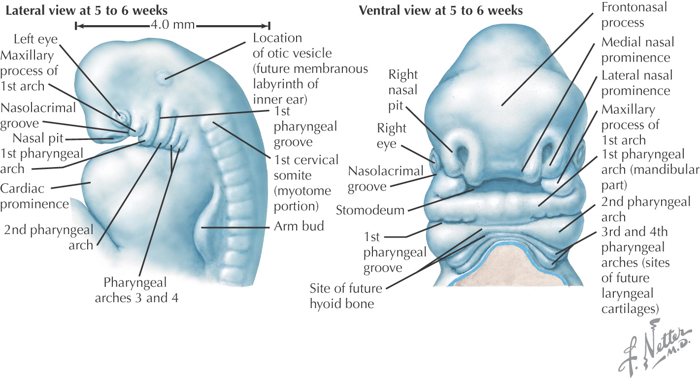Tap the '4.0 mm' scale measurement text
173,25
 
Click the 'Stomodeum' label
369,210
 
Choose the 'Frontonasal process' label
623,15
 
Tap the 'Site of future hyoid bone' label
342,296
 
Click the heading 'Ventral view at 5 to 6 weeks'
441,10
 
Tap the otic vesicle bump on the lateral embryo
162,76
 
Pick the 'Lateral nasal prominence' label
635,83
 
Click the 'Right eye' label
392,137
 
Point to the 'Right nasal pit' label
403,90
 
